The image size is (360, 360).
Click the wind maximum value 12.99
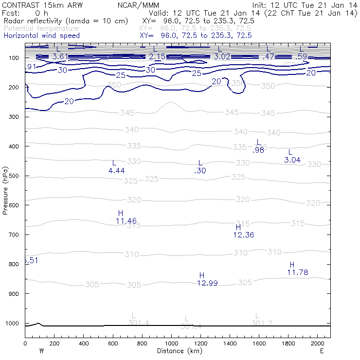pyautogui.click(x=207, y=283)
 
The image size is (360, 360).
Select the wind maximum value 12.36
pyautogui.click(x=244, y=235)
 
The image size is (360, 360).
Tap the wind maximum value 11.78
pyautogui.click(x=298, y=272)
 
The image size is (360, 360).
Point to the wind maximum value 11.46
pyautogui.click(x=126, y=221)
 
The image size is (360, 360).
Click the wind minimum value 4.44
pyautogui.click(x=116, y=170)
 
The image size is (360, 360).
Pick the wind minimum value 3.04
pyautogui.click(x=292, y=160)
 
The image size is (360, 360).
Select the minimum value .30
pyautogui.click(x=200, y=170)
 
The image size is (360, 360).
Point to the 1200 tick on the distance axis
pyautogui.click(x=200, y=344)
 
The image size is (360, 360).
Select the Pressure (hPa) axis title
pyautogui.click(x=5, y=190)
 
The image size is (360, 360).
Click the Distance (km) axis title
pyautogui.click(x=178, y=351)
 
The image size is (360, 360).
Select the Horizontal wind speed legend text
pyautogui.click(x=41, y=36)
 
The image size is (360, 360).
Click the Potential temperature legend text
pyautogui.click(x=41, y=29)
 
